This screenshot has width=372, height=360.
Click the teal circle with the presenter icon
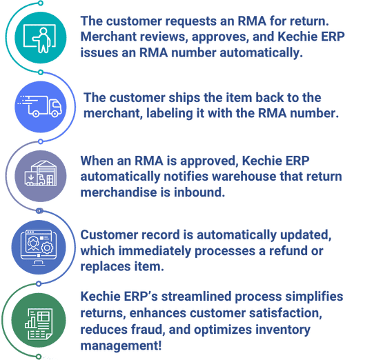point(41,38)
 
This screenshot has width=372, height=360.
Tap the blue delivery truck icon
point(41,107)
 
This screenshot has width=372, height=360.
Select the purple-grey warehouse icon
point(41,176)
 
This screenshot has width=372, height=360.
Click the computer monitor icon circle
point(39,247)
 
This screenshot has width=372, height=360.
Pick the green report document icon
point(39,320)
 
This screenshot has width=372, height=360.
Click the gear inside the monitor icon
point(47,248)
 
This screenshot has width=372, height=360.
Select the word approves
point(220,37)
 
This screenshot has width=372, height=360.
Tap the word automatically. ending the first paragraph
point(261,52)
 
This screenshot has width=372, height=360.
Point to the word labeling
point(169,114)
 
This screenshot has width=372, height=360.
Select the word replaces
point(106,267)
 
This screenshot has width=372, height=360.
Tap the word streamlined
point(196,297)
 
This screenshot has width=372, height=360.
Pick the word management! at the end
point(121,346)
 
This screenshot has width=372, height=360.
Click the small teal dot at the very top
point(41,3)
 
